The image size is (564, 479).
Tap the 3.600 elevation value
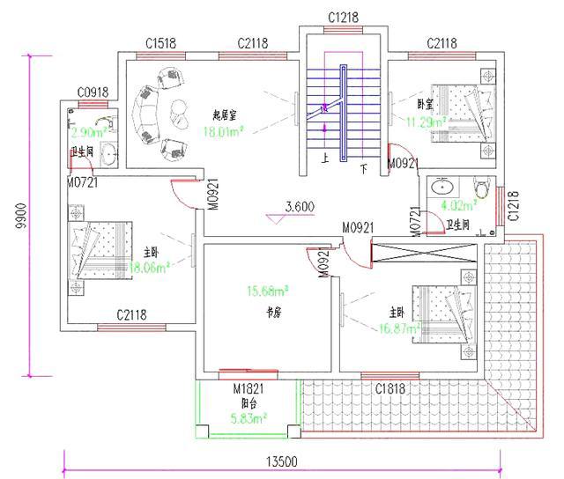pos(300,208)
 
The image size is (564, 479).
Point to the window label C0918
pos(93,92)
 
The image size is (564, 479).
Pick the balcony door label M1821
pos(249,388)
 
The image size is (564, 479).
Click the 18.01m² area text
pos(223,131)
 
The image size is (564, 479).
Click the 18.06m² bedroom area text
pos(148,268)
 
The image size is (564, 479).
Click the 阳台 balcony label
pos(249,402)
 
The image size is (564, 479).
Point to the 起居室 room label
pos(228,115)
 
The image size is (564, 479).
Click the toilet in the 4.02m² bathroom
pos(481,187)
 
